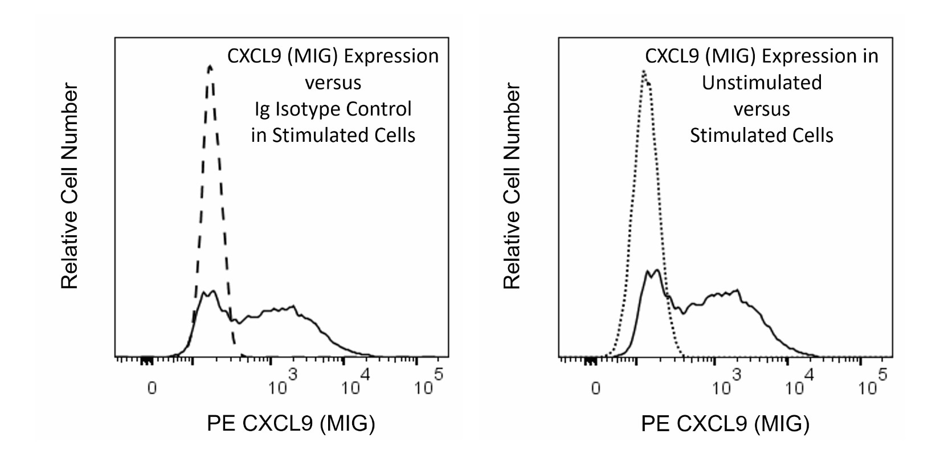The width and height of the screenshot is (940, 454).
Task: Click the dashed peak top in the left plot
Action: tap(210, 67)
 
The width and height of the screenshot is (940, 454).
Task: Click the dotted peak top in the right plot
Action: tap(644, 72)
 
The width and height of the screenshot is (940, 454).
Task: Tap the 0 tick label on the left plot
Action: tap(152, 388)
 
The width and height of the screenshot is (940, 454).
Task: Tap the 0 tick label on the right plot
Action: tap(595, 388)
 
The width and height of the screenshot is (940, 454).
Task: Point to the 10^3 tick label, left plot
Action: tap(283, 383)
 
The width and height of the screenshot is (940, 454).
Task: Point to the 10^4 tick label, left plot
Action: tap(356, 383)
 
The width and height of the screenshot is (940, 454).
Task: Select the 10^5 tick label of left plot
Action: tap(429, 383)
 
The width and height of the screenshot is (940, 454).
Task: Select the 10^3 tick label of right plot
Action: tap(727, 383)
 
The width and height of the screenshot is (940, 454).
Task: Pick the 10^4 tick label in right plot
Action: tap(800, 383)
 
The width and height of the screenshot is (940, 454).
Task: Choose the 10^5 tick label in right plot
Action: tap(873, 383)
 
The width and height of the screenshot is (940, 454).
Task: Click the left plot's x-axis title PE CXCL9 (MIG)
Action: tap(291, 424)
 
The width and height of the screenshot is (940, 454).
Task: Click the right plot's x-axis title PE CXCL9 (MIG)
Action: tap(725, 424)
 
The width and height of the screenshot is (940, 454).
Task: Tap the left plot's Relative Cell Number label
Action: tap(70, 186)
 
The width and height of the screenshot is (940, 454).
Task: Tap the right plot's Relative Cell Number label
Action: tap(513, 186)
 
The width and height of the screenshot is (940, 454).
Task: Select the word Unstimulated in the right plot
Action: tap(762, 83)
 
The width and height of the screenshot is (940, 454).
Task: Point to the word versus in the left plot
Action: tap(333, 83)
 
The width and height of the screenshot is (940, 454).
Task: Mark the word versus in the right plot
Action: tap(762, 109)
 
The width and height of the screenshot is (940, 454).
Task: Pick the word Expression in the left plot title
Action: tap(391, 56)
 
